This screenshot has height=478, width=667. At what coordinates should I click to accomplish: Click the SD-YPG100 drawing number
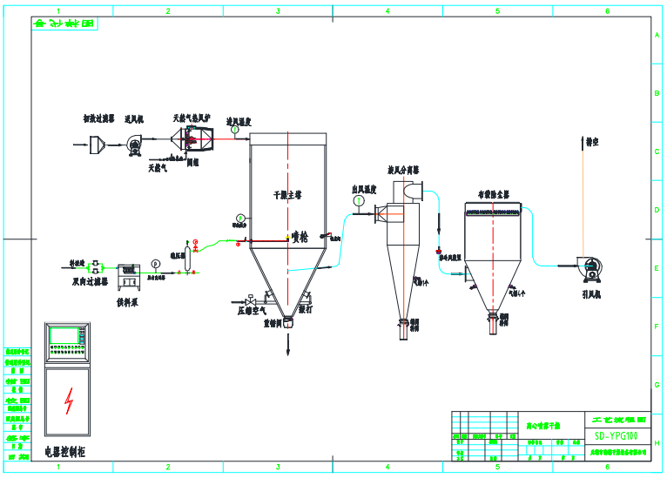(616, 435)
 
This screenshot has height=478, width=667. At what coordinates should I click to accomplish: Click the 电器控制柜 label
(66, 452)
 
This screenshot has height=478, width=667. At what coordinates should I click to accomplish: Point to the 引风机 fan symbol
(591, 266)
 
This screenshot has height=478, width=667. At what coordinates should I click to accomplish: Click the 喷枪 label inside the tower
(300, 235)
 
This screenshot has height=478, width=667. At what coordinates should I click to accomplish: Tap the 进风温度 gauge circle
(234, 131)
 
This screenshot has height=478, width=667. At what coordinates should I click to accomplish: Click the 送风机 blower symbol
(134, 147)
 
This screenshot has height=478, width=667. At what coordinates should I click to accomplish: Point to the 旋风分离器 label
(403, 171)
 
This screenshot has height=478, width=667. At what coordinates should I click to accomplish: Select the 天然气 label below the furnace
(158, 166)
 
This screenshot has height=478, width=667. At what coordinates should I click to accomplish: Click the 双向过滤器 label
(88, 282)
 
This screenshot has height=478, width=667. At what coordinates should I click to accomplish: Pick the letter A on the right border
(657, 35)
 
